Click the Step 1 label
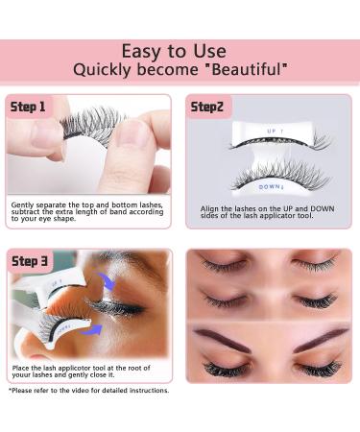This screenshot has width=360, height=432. point(29,107)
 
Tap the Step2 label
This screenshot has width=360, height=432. point(208,107)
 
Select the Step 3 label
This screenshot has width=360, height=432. point(31,261)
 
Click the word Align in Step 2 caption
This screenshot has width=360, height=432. point(209,208)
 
